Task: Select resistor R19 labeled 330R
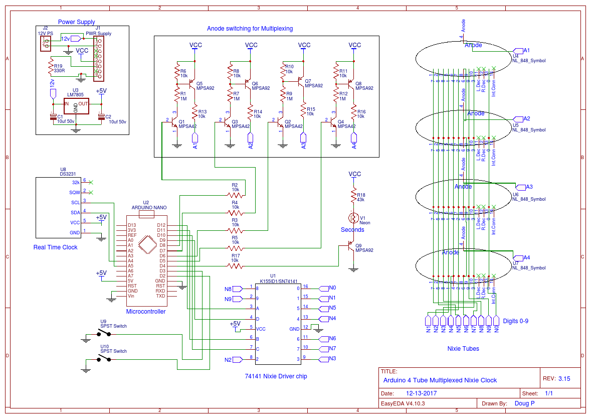point(50,66)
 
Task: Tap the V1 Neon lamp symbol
point(354,218)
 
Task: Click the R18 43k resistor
point(354,196)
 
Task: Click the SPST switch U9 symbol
point(104,333)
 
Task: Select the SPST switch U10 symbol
point(104,358)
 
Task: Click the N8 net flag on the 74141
point(229,289)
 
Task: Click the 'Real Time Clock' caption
point(55,247)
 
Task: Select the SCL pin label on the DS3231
point(75,203)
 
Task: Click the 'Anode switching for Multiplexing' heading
point(250,29)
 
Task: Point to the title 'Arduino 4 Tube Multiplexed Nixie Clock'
point(440,380)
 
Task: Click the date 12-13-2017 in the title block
point(422,393)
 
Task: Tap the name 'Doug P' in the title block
point(525,403)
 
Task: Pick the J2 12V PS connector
point(46,44)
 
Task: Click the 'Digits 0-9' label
point(515,321)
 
